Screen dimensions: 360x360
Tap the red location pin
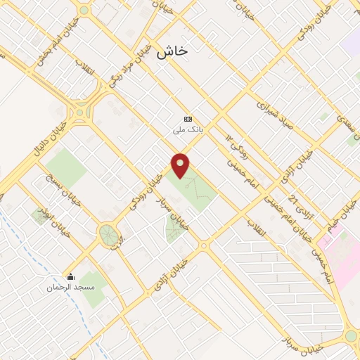(181, 165)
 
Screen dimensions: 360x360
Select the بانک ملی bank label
(188, 130)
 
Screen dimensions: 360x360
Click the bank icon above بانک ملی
(188, 119)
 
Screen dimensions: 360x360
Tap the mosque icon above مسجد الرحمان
(70, 276)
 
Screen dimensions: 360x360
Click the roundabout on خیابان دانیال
(81, 111)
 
